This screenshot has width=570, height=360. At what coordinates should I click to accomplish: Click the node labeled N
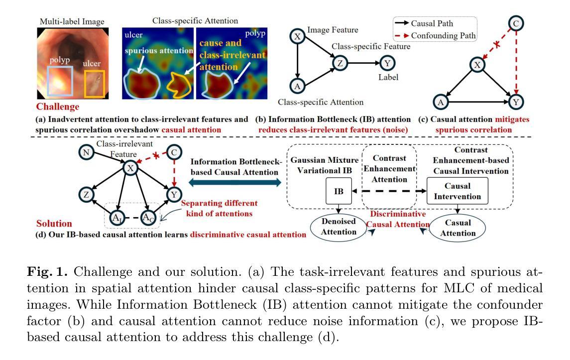click(86, 152)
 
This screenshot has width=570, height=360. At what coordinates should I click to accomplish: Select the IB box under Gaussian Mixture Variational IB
click(339, 191)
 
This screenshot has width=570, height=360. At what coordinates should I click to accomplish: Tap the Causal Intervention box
click(457, 191)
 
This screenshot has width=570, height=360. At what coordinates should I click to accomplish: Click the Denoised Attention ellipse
click(339, 227)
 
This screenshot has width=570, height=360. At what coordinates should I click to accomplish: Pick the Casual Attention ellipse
click(457, 228)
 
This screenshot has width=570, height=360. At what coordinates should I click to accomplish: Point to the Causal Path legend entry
click(424, 23)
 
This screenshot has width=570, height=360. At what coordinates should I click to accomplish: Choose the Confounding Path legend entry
click(435, 36)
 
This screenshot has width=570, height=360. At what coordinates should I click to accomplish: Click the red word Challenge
click(57, 107)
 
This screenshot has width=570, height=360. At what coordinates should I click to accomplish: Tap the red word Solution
click(54, 224)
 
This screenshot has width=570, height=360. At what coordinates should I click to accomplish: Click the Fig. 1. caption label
click(47, 272)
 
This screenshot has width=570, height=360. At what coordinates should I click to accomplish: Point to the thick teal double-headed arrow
click(235, 183)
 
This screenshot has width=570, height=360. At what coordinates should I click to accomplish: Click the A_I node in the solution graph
click(116, 218)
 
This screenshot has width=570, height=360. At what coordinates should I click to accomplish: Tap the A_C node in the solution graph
click(148, 218)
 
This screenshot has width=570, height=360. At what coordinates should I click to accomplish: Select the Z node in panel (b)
click(340, 63)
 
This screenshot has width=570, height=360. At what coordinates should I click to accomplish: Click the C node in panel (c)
click(516, 23)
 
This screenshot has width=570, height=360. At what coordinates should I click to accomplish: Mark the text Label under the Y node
click(388, 77)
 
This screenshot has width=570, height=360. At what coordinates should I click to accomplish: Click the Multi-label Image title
click(72, 21)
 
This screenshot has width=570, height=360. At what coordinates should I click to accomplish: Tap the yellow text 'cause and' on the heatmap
click(221, 43)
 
